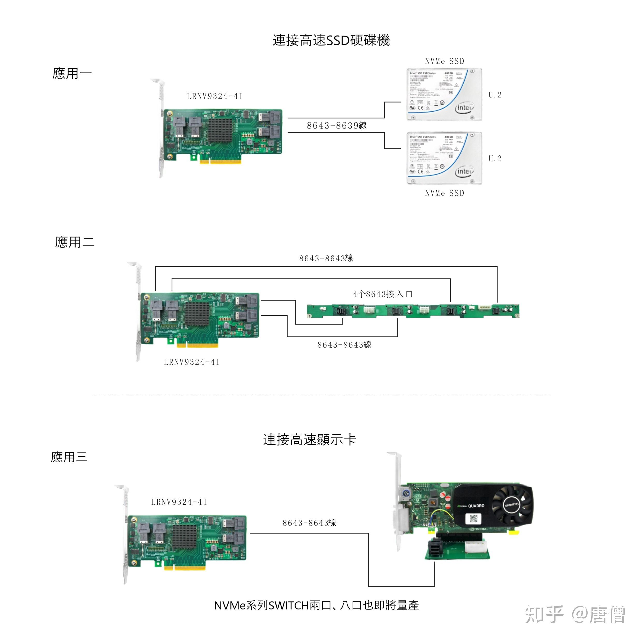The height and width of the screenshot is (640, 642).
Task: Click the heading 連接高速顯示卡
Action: [x=309, y=440]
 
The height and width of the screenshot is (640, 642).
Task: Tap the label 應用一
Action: [x=72, y=73]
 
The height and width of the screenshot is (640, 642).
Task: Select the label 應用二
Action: [x=75, y=242]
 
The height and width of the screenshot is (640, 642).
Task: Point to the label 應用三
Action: [x=69, y=457]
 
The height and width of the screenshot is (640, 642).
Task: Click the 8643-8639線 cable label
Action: [x=337, y=126]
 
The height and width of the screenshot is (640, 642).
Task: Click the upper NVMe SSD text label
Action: [x=444, y=61]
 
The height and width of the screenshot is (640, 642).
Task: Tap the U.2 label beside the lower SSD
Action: [x=495, y=159]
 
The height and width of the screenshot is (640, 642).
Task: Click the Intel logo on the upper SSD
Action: [x=465, y=108]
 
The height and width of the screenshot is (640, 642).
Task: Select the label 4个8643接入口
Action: [x=382, y=294]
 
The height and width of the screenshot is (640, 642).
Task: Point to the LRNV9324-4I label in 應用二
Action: [x=192, y=362]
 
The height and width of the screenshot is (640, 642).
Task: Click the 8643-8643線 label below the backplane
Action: [x=344, y=345]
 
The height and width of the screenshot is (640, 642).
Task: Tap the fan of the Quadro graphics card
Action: [x=512, y=504]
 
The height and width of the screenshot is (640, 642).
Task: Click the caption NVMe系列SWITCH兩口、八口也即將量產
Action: [x=316, y=606]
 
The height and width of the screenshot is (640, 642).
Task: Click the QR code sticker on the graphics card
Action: [x=473, y=518]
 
